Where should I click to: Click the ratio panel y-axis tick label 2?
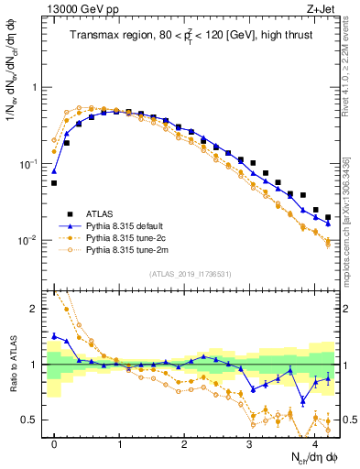[x=38, y=309]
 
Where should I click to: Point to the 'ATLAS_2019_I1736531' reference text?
[x=190, y=273]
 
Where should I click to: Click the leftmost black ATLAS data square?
[x=54, y=183]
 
